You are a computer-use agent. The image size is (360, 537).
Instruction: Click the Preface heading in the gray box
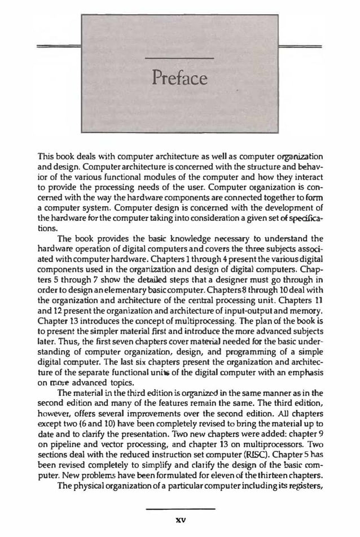tap(179, 77)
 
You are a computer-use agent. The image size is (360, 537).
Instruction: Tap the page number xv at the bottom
tap(180, 518)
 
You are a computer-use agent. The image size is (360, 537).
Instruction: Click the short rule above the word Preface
tap(179, 58)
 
